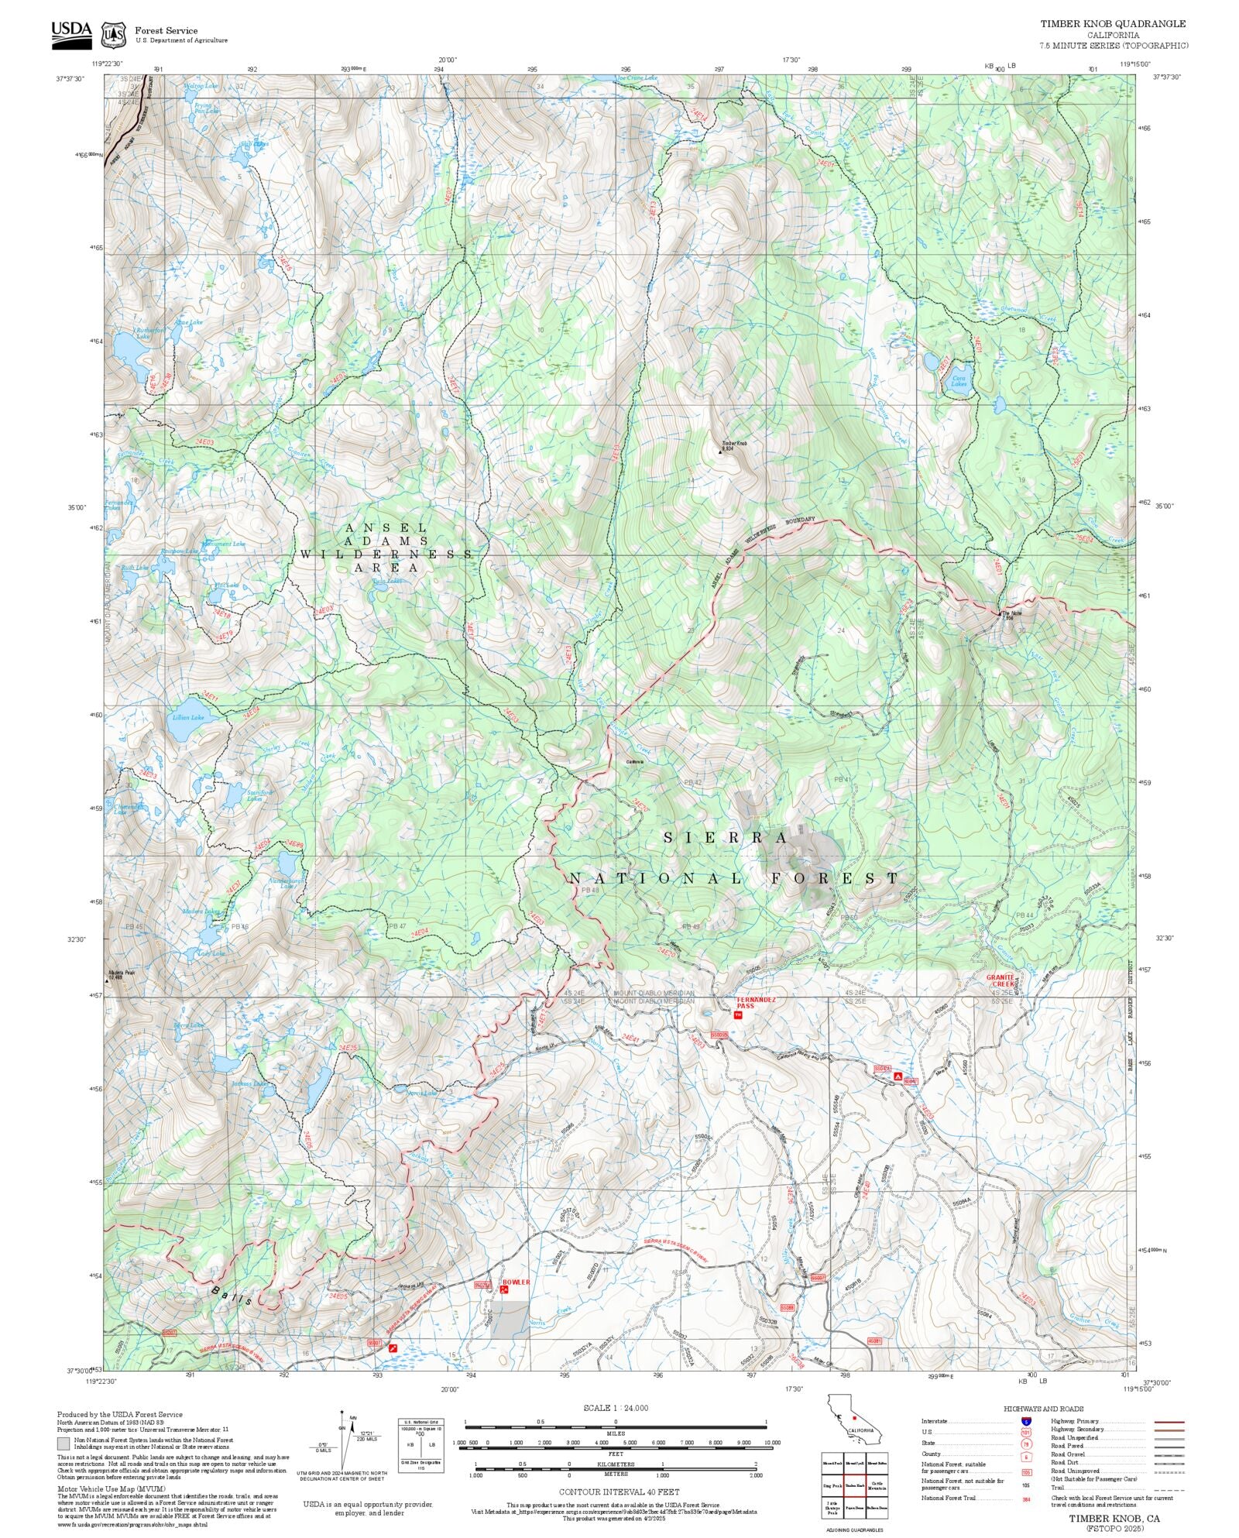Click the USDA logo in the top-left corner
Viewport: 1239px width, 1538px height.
click(71, 35)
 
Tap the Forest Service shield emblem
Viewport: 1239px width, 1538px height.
click(114, 35)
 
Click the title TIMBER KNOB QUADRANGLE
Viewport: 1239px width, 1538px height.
click(1112, 24)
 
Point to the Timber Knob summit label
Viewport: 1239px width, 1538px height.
click(733, 444)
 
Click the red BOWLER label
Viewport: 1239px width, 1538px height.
click(517, 1282)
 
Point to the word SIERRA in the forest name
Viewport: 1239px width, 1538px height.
click(726, 838)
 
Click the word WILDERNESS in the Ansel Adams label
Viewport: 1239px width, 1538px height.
click(386, 554)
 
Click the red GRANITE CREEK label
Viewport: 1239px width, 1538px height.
click(1000, 980)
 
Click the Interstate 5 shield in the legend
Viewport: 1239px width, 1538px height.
click(1026, 1422)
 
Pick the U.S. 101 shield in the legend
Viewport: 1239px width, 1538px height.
click(1026, 1433)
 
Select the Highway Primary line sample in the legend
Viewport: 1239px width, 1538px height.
click(1169, 1422)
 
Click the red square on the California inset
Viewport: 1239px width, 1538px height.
click(854, 1417)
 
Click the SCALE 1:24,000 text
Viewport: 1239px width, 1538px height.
click(616, 1408)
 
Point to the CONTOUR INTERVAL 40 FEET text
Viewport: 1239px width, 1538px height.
click(619, 1492)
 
